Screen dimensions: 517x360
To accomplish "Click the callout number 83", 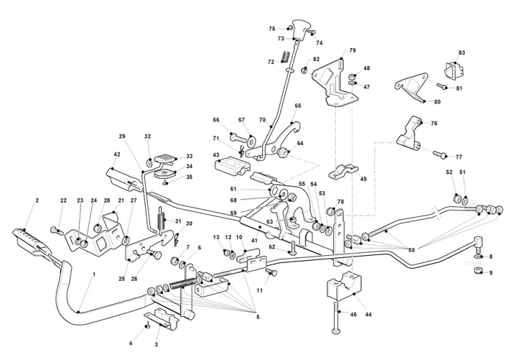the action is (x=462, y=52).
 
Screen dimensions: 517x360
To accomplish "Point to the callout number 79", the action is (x=353, y=50).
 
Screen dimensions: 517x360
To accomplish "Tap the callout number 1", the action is (x=94, y=274).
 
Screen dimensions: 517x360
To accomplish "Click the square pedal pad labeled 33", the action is (x=164, y=158).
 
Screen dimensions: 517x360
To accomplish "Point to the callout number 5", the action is (x=258, y=317).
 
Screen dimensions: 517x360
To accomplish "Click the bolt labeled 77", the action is (x=440, y=154).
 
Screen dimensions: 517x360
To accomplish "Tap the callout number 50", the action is (x=411, y=251).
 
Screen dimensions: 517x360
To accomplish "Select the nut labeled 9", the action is (x=478, y=271).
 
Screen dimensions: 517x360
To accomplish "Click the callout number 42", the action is (x=117, y=154).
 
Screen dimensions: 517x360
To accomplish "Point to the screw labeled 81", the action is (x=442, y=86).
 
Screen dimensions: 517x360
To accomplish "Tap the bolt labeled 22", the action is (x=57, y=231).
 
